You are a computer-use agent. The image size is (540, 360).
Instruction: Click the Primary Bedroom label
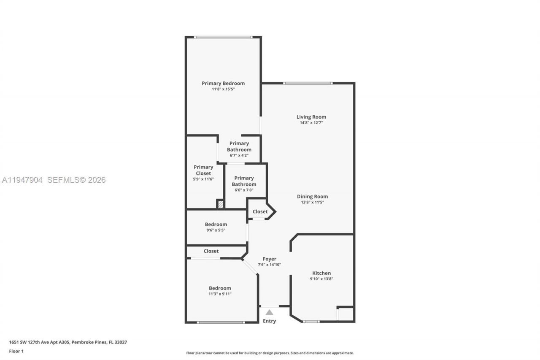[x=223, y=83]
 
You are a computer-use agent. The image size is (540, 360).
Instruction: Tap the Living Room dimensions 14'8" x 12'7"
[x=311, y=123]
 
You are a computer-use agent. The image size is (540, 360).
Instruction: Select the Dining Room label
[x=312, y=196]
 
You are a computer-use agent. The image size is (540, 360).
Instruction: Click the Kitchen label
[x=321, y=273]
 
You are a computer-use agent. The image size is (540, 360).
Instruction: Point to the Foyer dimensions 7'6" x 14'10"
[x=269, y=265]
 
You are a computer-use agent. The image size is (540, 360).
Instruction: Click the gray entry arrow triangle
[x=269, y=312]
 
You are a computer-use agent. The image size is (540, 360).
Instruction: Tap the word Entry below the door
[x=269, y=321]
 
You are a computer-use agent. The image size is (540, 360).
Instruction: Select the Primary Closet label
[x=203, y=170]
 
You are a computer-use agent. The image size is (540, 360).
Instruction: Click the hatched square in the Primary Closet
[x=220, y=204]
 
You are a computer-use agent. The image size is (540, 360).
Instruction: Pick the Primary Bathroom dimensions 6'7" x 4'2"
[x=239, y=155]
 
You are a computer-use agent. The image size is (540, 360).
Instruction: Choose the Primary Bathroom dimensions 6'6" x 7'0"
[x=244, y=190]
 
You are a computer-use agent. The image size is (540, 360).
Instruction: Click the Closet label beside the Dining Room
[x=260, y=211]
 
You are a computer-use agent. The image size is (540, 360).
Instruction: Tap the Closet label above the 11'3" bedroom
[x=211, y=251]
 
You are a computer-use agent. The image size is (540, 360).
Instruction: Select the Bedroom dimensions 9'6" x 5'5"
[x=216, y=230]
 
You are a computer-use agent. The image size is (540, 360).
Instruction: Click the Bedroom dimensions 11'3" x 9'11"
[x=220, y=294]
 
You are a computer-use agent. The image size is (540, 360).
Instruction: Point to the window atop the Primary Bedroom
[x=223, y=37]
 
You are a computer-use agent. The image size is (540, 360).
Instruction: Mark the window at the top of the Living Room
[x=308, y=83]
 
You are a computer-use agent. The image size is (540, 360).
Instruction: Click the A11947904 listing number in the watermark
[x=22, y=180]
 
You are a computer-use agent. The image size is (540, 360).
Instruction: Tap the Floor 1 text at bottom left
[x=16, y=351]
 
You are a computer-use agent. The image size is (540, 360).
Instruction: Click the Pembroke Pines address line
[x=68, y=342]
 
